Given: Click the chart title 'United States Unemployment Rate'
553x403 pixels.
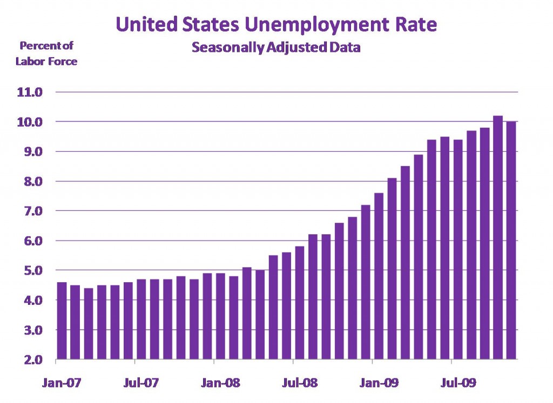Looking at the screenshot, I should click(x=276, y=24).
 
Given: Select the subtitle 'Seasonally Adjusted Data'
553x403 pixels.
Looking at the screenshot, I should click(x=276, y=47).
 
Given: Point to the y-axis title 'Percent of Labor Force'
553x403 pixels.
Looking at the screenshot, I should click(x=46, y=53).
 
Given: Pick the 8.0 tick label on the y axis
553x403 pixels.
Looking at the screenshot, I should click(x=30, y=181).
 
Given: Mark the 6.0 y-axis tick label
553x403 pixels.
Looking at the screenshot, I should click(x=30, y=241).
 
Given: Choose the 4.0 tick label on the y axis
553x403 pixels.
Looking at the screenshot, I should click(x=30, y=300).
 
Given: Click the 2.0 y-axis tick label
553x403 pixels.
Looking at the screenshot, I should click(x=30, y=359).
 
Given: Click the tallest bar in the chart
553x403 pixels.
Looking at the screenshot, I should click(x=497, y=237).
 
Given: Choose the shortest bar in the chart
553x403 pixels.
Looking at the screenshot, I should click(x=88, y=324).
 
